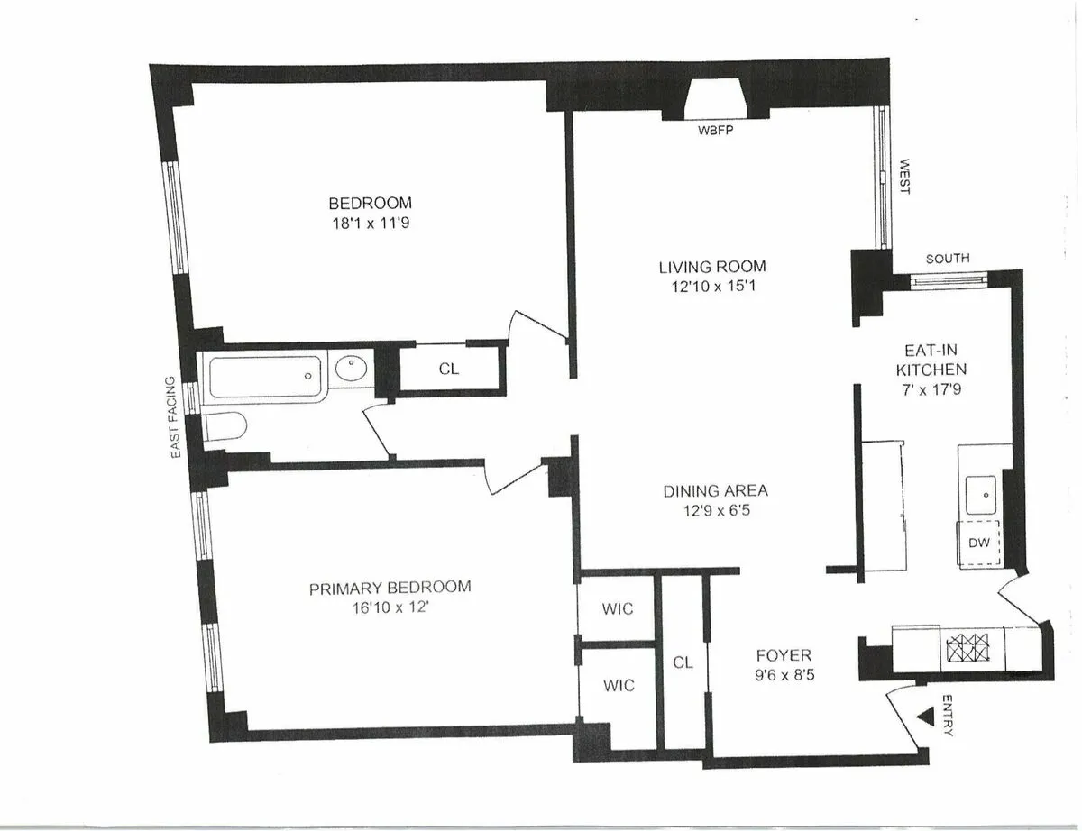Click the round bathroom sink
[352, 370]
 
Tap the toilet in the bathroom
[223, 428]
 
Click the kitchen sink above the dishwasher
[980, 491]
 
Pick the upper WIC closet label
[618, 608]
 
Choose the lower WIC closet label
[618, 686]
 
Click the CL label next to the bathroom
[449, 368]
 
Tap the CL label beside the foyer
[683, 662]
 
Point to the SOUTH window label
[948, 259]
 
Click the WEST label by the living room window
[904, 177]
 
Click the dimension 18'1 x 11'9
[370, 223]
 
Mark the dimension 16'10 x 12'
[390, 607]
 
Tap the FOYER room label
[784, 655]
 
